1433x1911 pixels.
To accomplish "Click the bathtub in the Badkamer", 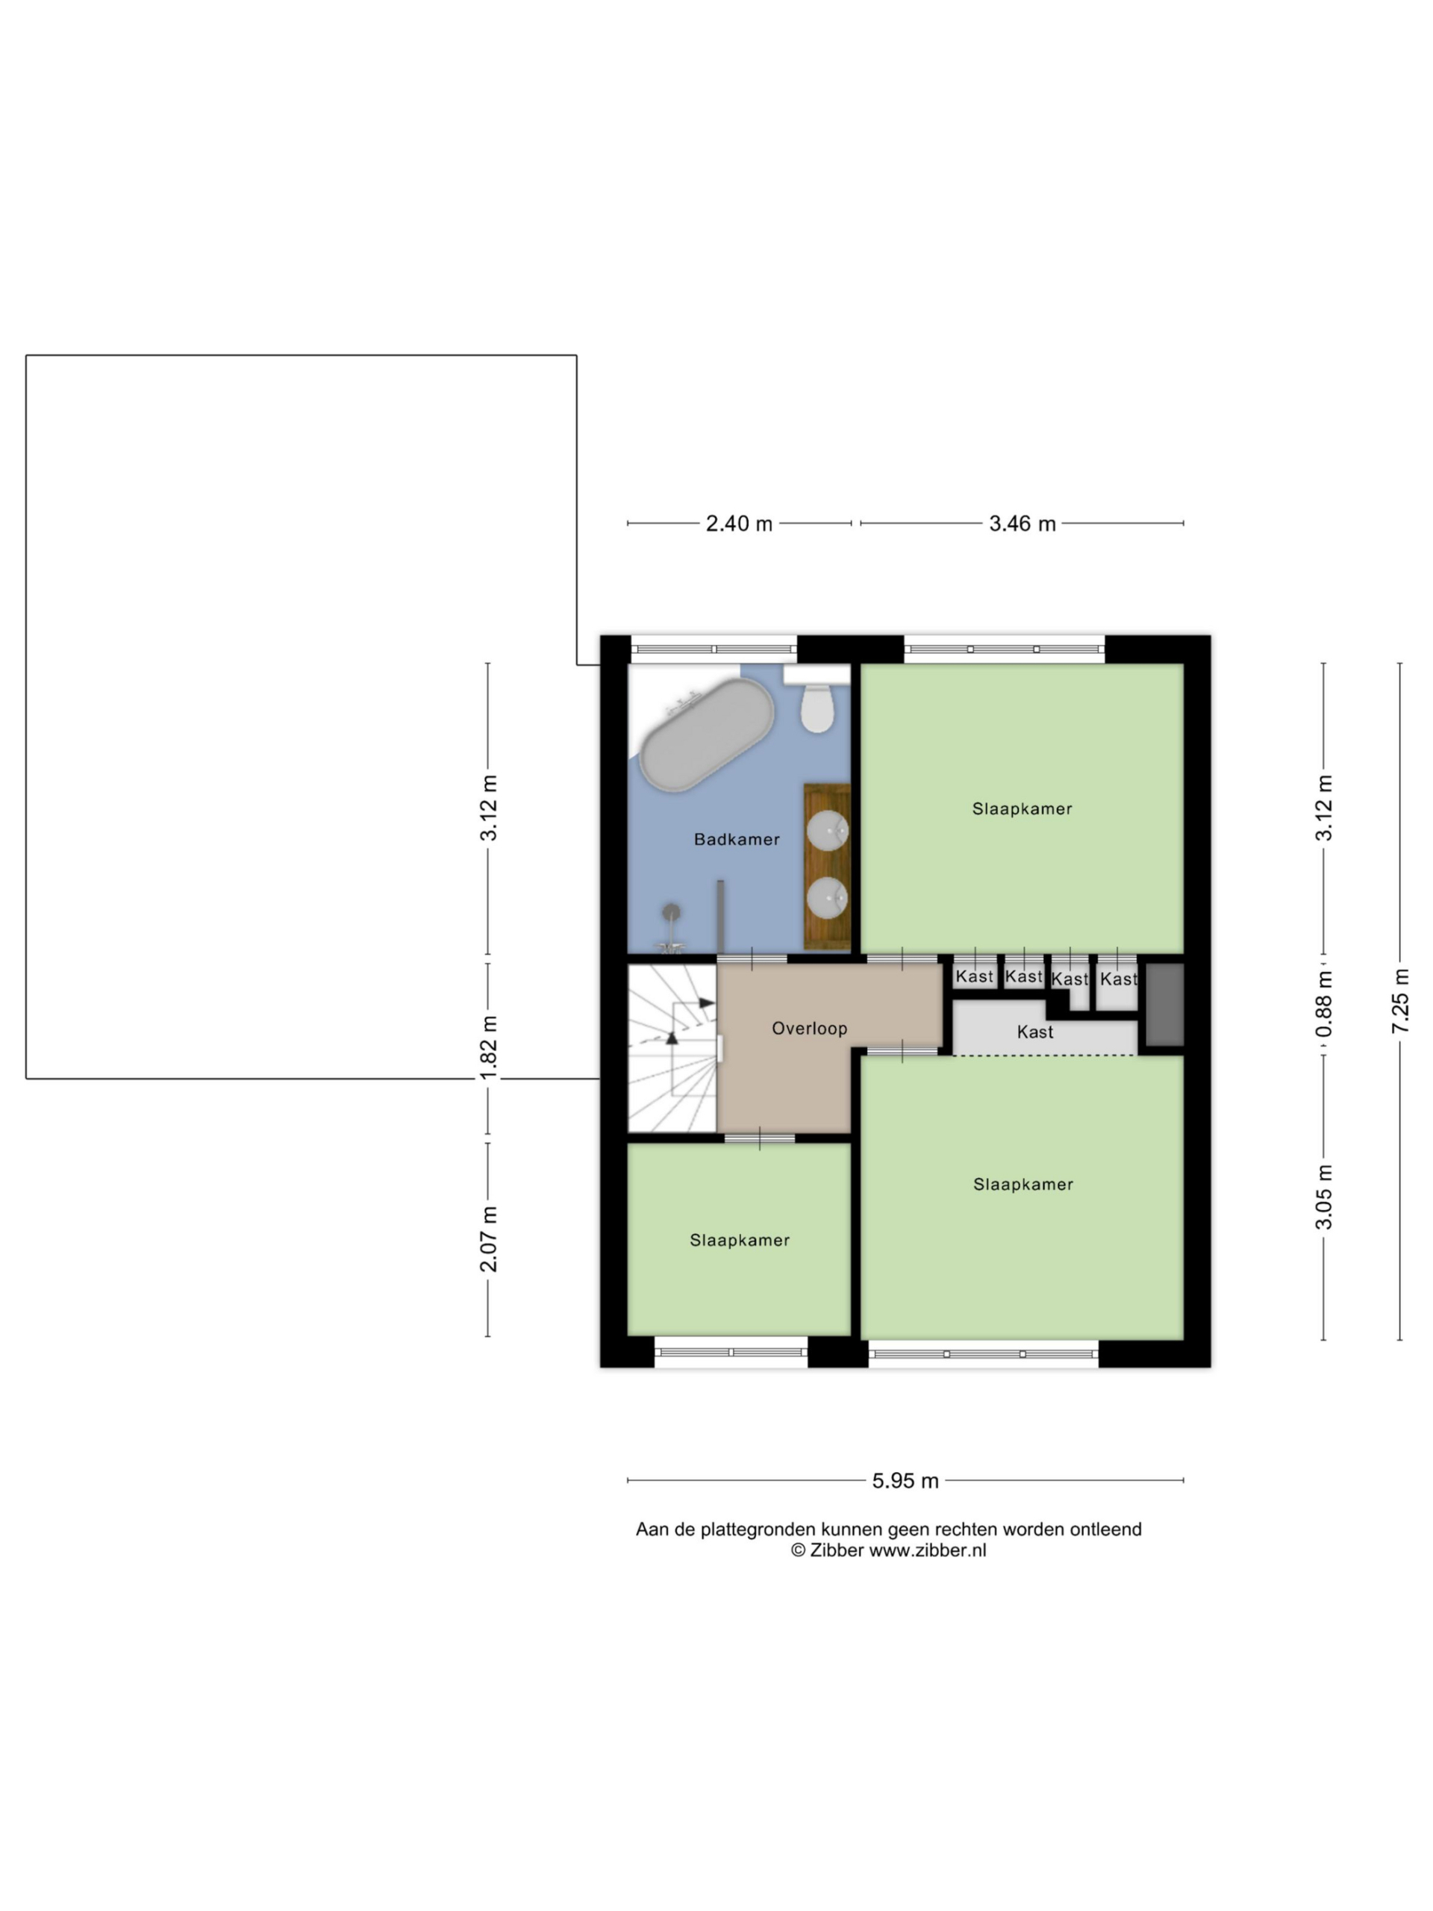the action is [x=707, y=735].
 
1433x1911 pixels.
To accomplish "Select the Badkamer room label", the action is [x=737, y=839].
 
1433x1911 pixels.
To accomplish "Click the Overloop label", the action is [x=809, y=1028].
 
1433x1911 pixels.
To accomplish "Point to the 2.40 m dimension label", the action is [x=740, y=523].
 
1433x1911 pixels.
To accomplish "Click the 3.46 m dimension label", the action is [x=1023, y=523].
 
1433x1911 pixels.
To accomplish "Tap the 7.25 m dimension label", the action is [x=1401, y=1000].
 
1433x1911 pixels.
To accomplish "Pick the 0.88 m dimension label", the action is [x=1324, y=1004].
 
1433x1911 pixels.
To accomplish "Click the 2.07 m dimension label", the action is [x=489, y=1239].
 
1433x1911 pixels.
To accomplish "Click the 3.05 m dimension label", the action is [x=1324, y=1197].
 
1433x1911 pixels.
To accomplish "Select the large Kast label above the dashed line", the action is [x=1034, y=1032].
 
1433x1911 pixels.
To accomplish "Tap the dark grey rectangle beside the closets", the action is [x=1164, y=1005].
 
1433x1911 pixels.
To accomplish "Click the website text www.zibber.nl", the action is [x=927, y=1550].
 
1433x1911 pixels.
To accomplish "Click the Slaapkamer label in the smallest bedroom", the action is [x=740, y=1240].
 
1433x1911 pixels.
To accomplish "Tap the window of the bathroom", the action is [x=714, y=649].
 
